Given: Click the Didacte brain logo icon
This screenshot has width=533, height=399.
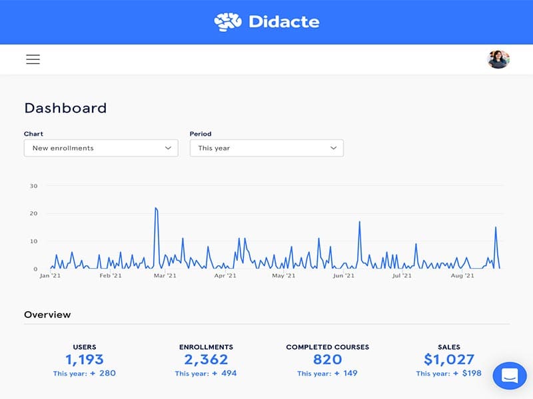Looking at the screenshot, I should pyautogui.click(x=227, y=22).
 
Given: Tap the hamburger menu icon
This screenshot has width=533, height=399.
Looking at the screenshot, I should pyautogui.click(x=33, y=59).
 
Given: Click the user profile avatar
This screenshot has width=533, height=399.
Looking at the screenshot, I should pyautogui.click(x=498, y=59).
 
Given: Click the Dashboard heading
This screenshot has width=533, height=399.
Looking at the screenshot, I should pyautogui.click(x=65, y=108).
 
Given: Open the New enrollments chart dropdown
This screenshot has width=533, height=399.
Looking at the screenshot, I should pyautogui.click(x=101, y=148).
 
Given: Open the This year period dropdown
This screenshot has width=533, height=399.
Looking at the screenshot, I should pyautogui.click(x=266, y=148).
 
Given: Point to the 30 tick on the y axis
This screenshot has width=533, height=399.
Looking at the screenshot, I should pyautogui.click(x=33, y=186).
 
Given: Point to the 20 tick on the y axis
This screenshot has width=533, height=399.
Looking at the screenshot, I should pyautogui.click(x=33, y=213).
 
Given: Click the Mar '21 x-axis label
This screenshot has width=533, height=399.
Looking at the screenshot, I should pyautogui.click(x=165, y=275).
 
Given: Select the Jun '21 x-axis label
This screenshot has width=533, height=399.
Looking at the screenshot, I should pyautogui.click(x=343, y=275).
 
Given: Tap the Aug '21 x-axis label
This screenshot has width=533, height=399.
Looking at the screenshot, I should pyautogui.click(x=462, y=275).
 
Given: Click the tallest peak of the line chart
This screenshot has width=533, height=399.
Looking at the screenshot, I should pyautogui.click(x=155, y=208).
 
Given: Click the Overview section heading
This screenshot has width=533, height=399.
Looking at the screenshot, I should pyautogui.click(x=47, y=315).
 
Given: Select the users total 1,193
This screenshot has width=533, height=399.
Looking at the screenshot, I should pyautogui.click(x=85, y=360).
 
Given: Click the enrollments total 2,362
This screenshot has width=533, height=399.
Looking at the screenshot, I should pyautogui.click(x=206, y=360).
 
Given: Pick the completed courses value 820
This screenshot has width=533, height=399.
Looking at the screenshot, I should pyautogui.click(x=327, y=360).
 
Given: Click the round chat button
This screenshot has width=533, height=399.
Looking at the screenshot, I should pyautogui.click(x=510, y=376).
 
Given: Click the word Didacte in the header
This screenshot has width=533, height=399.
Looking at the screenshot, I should pyautogui.click(x=284, y=22).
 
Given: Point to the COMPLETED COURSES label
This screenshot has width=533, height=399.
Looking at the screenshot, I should pyautogui.click(x=327, y=347).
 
